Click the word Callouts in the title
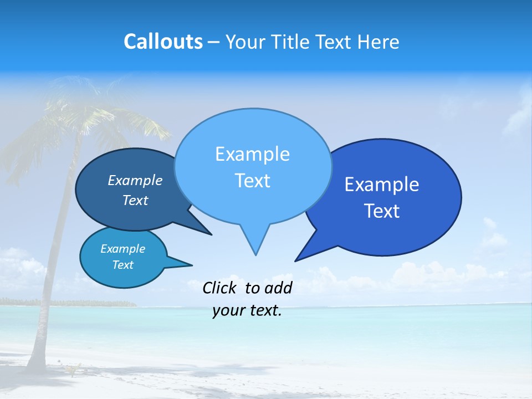tap(163, 42)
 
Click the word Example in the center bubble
tap(252, 154)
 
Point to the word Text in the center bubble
tap(252, 181)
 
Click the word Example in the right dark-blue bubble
tap(382, 185)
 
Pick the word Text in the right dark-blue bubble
tap(382, 211)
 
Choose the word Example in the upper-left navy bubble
tap(135, 180)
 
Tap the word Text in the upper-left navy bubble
tap(135, 200)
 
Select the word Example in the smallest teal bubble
tap(122, 249)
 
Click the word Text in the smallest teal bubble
tap(122, 265)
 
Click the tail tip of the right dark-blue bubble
tap(295, 260)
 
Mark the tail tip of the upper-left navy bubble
tap(211, 234)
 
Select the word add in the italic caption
tap(278, 288)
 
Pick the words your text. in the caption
tap(247, 310)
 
